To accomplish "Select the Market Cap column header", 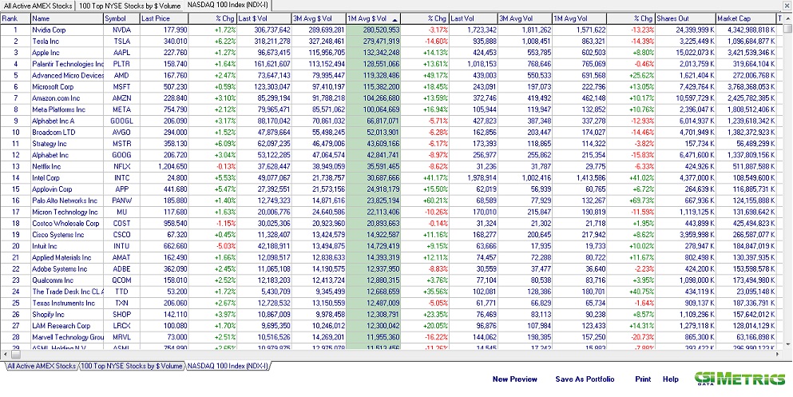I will [733, 18].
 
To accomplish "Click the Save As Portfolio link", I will [586, 379].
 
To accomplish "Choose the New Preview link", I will [515, 379].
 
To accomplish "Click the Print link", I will [643, 379].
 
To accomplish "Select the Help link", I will [670, 379].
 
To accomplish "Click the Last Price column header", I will [155, 18].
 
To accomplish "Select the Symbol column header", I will [115, 18].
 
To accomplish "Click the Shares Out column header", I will [672, 18].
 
